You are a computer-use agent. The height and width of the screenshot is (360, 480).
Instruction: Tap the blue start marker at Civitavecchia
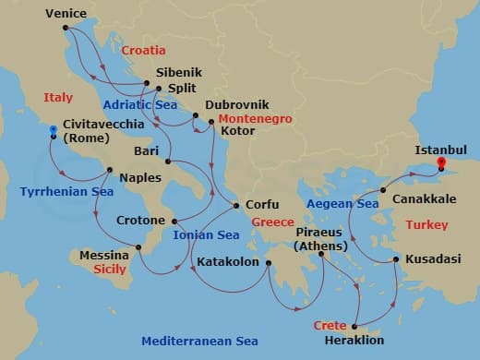coord(54,133)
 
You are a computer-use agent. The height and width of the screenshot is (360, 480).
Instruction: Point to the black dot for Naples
coord(111,169)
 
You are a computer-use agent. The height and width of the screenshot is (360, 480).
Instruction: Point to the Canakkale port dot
coord(382,189)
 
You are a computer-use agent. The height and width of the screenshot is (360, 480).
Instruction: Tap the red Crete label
coord(330,327)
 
